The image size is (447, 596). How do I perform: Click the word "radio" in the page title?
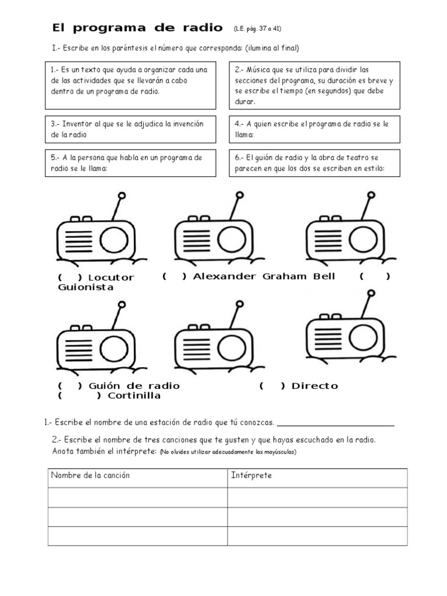[202, 27]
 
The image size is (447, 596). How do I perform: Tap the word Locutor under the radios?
[111, 278]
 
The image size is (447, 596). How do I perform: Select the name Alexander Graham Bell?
[264, 276]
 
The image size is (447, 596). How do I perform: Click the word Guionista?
[86, 288]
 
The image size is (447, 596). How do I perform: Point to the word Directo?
[314, 386]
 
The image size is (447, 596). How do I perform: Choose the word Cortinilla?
[134, 396]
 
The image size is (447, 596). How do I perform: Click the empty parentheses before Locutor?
[69, 278]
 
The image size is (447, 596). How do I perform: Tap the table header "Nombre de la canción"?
[91, 476]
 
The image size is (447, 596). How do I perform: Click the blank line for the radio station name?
[336, 423]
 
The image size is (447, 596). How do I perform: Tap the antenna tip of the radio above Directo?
[371, 294]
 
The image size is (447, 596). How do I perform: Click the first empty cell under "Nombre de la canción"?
[137, 498]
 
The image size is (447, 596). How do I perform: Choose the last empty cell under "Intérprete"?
[317, 536]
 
